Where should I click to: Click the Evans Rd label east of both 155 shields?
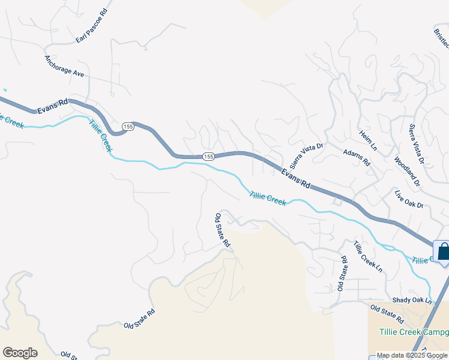point(296,178)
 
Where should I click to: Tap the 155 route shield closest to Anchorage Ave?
point(127,127)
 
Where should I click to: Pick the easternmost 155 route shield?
point(208,156)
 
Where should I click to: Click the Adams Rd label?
point(356,158)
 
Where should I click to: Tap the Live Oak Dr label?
point(409,200)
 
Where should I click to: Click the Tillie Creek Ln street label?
point(368,256)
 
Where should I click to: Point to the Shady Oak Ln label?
point(412,299)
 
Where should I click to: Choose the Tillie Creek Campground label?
point(414,332)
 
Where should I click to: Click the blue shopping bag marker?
point(443,251)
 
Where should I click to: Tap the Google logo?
point(20,352)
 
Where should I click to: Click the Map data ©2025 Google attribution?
point(412,355)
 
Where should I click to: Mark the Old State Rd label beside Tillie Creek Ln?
point(342,273)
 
